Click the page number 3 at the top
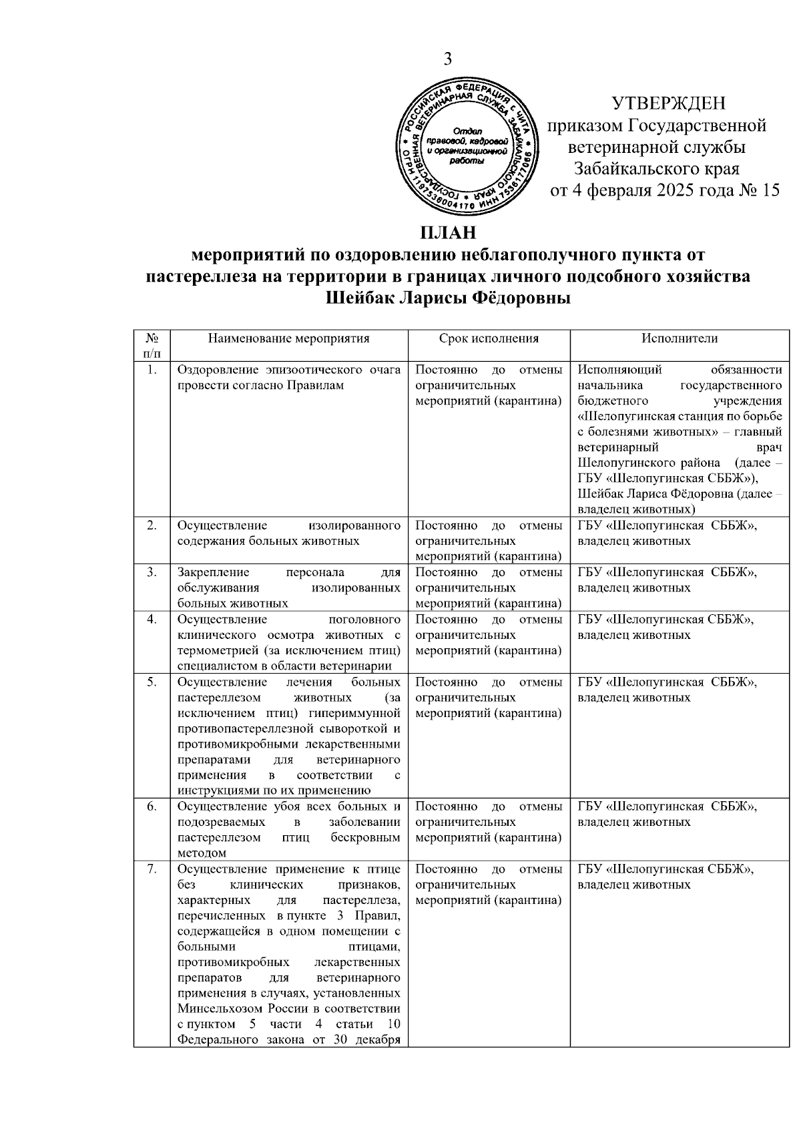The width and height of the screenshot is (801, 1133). coord(448,59)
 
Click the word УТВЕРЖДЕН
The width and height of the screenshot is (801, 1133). coord(669,103)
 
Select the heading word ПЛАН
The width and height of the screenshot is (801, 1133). coord(448,233)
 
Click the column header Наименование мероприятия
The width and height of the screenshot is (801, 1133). coord(288,338)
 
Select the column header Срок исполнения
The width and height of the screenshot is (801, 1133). coord(489,338)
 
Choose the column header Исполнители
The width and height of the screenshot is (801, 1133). coord(680,338)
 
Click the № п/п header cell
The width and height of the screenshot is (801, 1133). coord(152,346)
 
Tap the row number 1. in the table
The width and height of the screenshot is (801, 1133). coord(152,370)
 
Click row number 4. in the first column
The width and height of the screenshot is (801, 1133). coord(152,620)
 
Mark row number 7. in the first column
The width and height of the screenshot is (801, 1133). coord(152,869)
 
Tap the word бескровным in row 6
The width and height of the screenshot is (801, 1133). coord(365,838)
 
